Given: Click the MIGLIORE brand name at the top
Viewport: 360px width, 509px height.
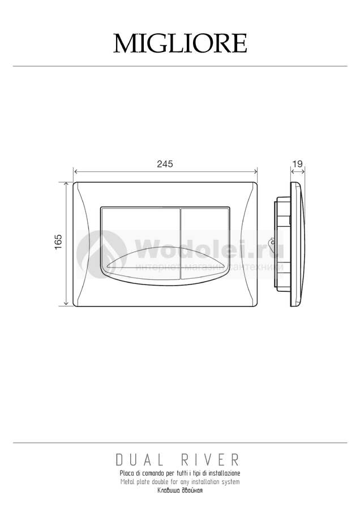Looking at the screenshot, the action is [x=180, y=43].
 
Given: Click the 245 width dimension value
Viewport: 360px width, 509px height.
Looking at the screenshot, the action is [x=165, y=164].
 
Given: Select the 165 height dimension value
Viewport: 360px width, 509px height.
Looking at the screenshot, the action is [x=58, y=242].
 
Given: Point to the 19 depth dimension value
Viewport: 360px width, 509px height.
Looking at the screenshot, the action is [x=298, y=163].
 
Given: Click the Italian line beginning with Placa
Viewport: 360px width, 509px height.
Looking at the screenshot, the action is [x=180, y=473].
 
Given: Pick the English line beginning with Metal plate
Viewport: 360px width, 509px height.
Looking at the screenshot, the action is [x=180, y=482].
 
